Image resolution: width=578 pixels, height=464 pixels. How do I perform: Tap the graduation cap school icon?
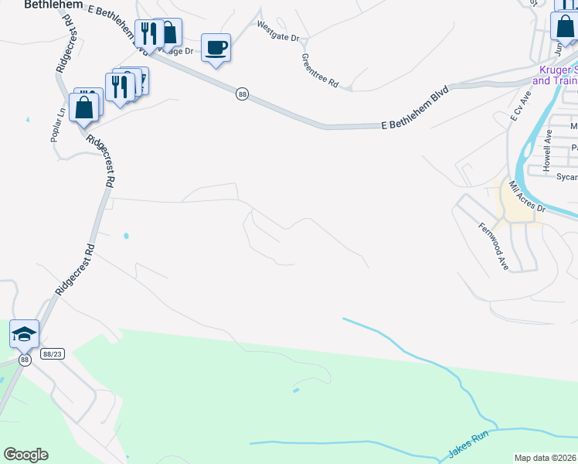[x=24, y=334]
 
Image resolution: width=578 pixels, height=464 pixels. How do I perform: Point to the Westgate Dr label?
[x=278, y=29]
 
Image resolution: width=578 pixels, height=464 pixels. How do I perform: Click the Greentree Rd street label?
[x=320, y=70]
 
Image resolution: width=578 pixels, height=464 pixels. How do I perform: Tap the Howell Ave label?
[x=547, y=150]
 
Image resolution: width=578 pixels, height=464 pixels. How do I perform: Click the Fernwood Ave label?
[x=494, y=247]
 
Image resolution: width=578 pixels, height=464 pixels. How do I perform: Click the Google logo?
[x=25, y=455]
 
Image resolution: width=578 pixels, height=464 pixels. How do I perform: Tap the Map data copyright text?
[x=546, y=458]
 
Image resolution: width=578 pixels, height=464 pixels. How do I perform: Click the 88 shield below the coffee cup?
[x=243, y=94]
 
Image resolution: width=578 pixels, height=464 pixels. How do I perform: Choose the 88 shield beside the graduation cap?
[x=25, y=360]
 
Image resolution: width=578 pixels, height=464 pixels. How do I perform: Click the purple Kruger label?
[x=555, y=75]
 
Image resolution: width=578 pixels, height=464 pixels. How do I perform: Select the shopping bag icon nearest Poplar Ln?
[x=85, y=107]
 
